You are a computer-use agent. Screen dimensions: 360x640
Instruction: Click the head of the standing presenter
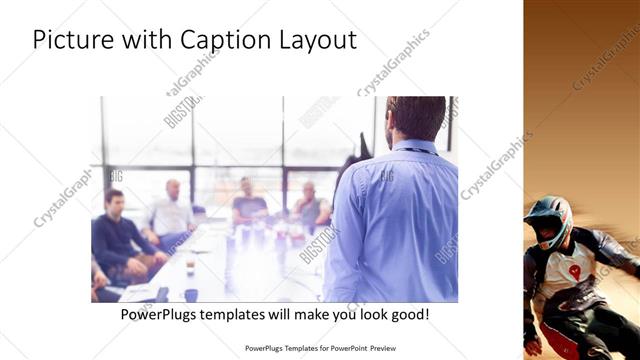pos(414,117)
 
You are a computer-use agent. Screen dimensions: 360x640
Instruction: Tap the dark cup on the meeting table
pos(191,294)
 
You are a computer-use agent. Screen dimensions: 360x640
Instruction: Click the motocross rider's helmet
pos(549,220)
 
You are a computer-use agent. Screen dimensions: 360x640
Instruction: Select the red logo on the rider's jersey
pos(575,270)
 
